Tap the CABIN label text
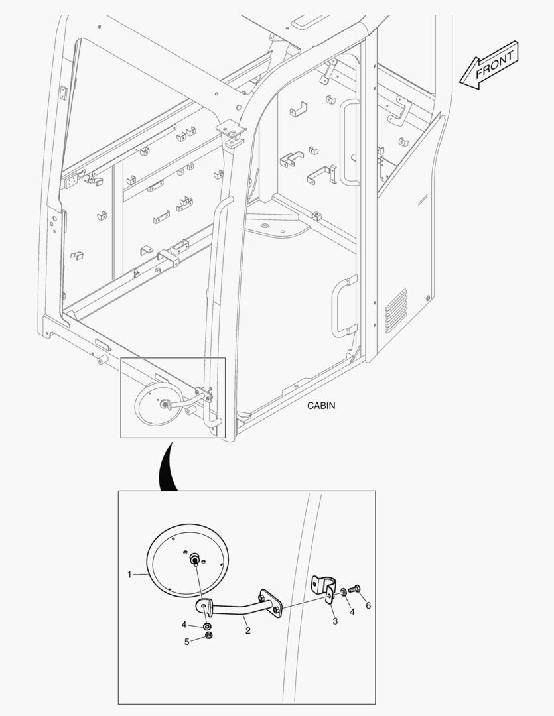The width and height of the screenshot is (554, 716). point(321,406)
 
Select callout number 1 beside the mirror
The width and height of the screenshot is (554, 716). point(129,575)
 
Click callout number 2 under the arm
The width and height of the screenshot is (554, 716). point(247,630)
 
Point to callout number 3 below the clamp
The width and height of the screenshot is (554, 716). point(335,621)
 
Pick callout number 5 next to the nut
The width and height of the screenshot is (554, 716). point(186,642)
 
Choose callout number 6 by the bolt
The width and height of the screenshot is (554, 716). point(368,605)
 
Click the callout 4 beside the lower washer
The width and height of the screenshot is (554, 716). point(184,624)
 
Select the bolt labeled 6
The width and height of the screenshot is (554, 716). point(354,589)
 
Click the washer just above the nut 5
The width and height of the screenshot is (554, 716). point(208,626)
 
